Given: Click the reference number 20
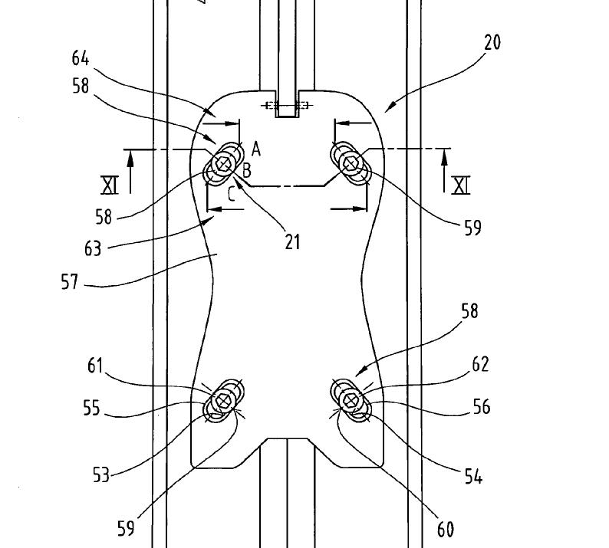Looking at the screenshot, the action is (x=492, y=42).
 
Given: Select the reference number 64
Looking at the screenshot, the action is (x=81, y=58).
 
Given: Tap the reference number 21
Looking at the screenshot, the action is (x=292, y=241).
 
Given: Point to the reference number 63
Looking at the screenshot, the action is (x=93, y=249).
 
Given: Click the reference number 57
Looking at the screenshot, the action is (x=70, y=282).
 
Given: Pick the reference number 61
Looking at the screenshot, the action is (x=95, y=366).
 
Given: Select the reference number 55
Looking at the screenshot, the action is (x=92, y=409).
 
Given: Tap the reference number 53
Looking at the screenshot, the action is (x=101, y=474).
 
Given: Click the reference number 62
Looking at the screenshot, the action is (x=480, y=364).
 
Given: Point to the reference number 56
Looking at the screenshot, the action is (x=482, y=407).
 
